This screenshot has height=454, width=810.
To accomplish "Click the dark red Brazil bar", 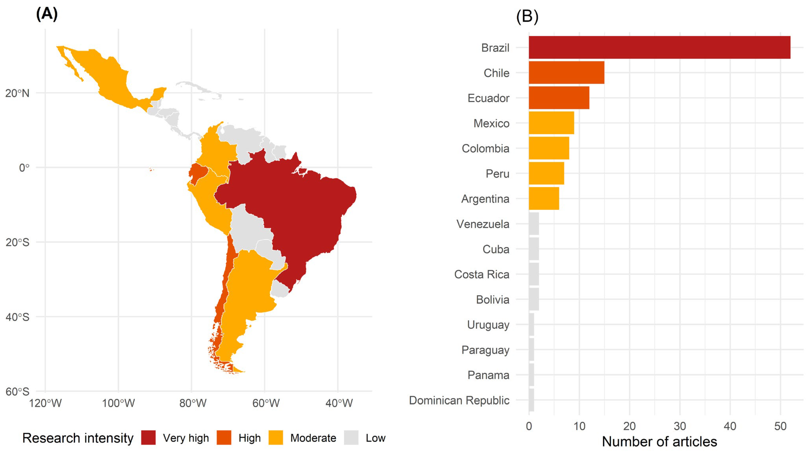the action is pos(659,47).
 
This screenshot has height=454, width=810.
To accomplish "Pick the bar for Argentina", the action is pos(544,198).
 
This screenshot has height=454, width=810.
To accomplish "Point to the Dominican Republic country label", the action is pos(459,400).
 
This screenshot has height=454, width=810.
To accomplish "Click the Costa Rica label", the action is pos(482,274).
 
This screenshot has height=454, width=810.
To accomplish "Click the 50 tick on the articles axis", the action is pos(780,426).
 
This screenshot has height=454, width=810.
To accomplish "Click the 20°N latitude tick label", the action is pos(17,93).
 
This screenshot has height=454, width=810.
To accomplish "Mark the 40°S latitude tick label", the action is pos(17,317).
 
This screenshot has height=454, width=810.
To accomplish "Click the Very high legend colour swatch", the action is pos(148,438).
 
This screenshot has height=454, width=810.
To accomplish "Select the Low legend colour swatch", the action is pos(351,438).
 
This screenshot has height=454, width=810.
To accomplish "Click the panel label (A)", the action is pos(47,14).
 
